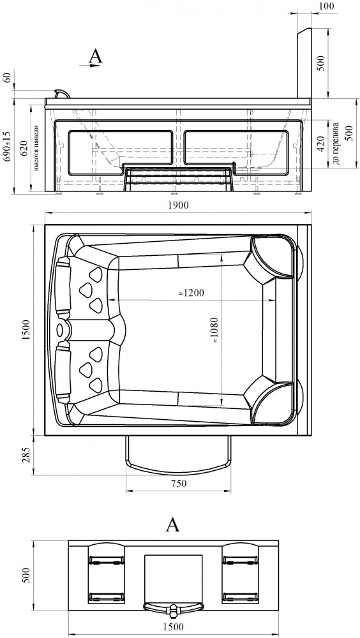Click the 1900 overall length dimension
pyautogui.click(x=178, y=205)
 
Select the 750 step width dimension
pyautogui.click(x=179, y=484)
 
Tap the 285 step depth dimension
pyautogui.click(x=26, y=455)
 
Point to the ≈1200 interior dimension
pyautogui.click(x=191, y=292)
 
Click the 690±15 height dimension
pyautogui.click(x=7, y=147)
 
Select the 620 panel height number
pyautogui.click(x=24, y=149)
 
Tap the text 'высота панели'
pyautogui.click(x=36, y=147)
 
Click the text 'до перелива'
pyautogui.click(x=336, y=143)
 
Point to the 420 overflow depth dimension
pyautogui.click(x=321, y=144)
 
